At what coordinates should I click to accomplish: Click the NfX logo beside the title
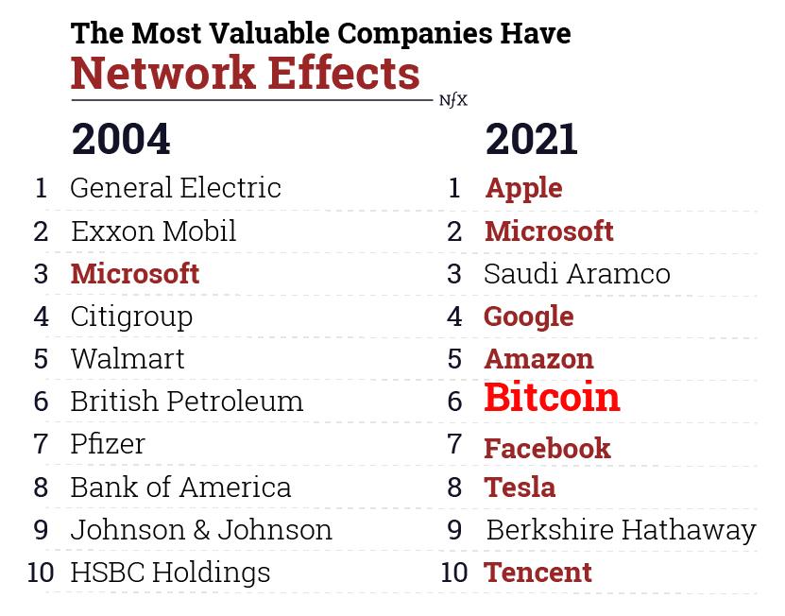click(453, 100)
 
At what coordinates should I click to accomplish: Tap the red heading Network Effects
click(246, 73)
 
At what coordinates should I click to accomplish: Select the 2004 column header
click(121, 140)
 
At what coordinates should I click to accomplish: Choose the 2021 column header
click(531, 140)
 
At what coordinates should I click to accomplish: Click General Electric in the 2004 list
click(176, 187)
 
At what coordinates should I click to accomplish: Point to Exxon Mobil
click(153, 231)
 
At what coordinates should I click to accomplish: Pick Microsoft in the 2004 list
click(135, 273)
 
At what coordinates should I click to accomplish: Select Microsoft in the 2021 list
click(549, 231)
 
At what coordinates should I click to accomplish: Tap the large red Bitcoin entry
click(552, 398)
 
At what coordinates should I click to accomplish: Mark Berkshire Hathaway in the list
click(621, 529)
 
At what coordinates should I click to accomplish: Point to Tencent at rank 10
click(538, 572)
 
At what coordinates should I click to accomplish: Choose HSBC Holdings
click(170, 572)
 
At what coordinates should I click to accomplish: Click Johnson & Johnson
click(201, 529)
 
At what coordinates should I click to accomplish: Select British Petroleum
click(187, 401)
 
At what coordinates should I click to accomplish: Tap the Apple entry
click(523, 187)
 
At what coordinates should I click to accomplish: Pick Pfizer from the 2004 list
click(108, 443)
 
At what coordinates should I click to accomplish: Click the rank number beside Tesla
click(454, 487)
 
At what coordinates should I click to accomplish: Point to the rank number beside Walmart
click(41, 359)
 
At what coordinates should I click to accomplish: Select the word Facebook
click(547, 448)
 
